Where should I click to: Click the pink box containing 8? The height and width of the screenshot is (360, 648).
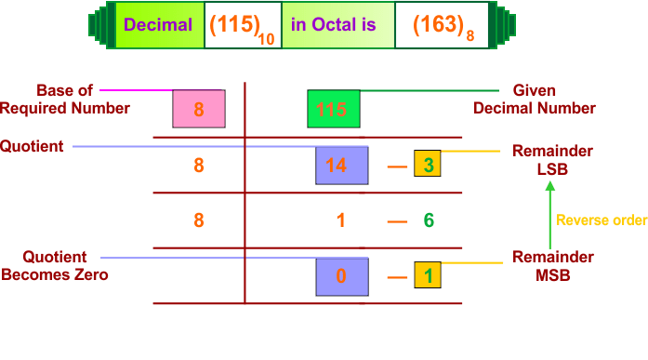coord(199,109)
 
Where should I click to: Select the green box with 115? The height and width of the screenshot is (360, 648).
coord(333,109)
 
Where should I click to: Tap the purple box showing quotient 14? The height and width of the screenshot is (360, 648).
coord(341,166)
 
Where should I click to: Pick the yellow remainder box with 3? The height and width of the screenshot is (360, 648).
coord(428,165)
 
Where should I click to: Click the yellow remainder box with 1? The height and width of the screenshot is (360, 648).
coord(428,275)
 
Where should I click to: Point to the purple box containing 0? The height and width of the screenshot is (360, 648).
coord(341,276)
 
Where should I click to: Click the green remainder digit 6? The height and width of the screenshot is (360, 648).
coord(428,220)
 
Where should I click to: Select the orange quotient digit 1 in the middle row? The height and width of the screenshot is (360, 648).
coord(341,220)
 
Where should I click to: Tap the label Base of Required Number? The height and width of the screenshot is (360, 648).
coord(65,100)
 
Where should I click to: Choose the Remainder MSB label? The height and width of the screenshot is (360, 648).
coord(552,265)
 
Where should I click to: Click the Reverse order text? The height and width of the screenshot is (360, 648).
coord(601,220)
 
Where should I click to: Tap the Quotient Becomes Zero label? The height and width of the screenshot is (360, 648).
coord(54,265)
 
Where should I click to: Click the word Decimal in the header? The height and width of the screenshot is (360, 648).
coord(158,24)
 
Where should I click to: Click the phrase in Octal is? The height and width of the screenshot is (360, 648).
coord(333,24)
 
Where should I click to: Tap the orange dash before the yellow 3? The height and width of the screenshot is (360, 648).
coord(397,167)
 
